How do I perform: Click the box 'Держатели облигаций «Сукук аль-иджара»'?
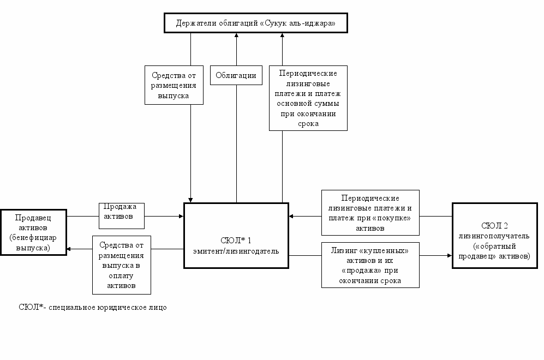[x=256, y=23]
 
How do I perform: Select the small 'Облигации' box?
[x=236, y=75]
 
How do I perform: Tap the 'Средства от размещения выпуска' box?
[x=174, y=85]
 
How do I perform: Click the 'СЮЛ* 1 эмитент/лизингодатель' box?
[x=236, y=236]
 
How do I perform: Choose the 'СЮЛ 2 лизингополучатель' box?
[x=495, y=236]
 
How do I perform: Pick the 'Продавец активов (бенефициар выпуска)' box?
[x=33, y=232]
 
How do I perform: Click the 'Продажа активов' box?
[x=122, y=215]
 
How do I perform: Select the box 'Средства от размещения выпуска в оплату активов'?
[x=122, y=265]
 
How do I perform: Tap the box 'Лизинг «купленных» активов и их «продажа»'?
[x=370, y=265]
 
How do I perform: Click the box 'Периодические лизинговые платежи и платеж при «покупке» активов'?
[x=370, y=213]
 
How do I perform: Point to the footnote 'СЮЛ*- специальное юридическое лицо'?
[x=93, y=307]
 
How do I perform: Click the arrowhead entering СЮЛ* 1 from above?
[x=190, y=200]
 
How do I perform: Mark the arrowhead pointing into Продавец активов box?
[x=69, y=249]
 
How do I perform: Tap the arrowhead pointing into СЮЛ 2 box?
[x=450, y=256]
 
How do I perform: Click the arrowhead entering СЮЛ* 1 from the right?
[x=291, y=216]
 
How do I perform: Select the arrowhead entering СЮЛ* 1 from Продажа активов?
[x=181, y=216]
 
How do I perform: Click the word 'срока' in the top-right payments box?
[x=308, y=124]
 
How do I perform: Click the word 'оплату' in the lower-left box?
[x=121, y=275]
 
